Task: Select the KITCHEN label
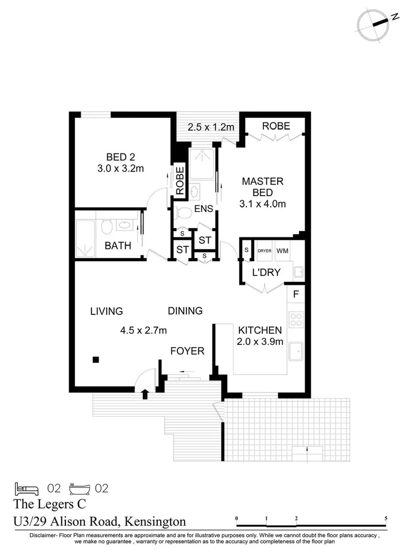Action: click(x=260, y=330)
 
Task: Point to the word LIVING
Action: click(x=106, y=311)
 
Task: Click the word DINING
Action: click(x=185, y=311)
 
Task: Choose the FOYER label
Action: click(x=187, y=351)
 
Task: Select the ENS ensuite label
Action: click(x=203, y=209)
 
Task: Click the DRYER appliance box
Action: click(x=264, y=251)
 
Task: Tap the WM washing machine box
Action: click(x=282, y=251)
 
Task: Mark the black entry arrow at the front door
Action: click(x=146, y=393)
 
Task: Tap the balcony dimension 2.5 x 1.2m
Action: click(x=207, y=127)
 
